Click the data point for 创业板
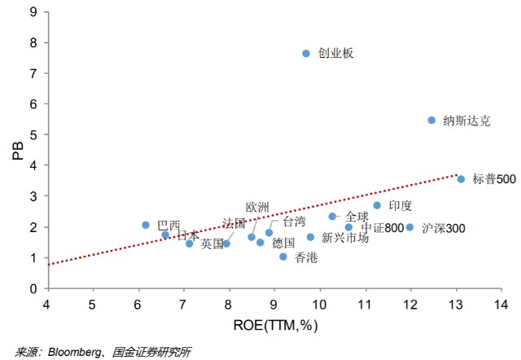[x=306, y=53]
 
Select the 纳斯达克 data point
[x=431, y=120]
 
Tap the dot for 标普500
[x=461, y=179]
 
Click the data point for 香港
[x=283, y=257]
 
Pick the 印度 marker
[x=377, y=205]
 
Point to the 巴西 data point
[x=146, y=225]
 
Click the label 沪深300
[x=444, y=228]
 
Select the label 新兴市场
[x=345, y=238]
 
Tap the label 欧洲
[x=257, y=208]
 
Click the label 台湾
[x=295, y=221]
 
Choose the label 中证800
[x=383, y=228]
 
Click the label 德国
[x=283, y=243]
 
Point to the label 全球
[x=357, y=217]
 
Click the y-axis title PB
[x=18, y=151]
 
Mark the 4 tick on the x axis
[x=46, y=305]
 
